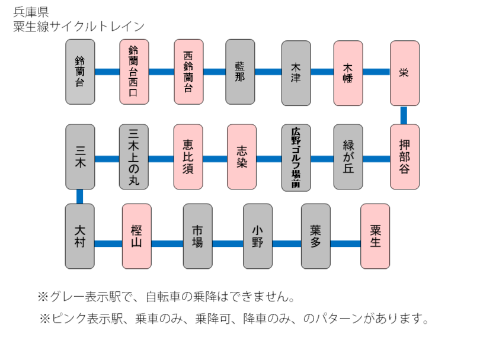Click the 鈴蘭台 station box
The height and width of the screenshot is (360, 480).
(x=80, y=72)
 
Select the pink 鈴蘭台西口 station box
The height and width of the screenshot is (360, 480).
(x=134, y=72)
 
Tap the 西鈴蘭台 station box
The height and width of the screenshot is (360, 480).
(x=188, y=72)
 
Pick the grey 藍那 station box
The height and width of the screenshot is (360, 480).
(x=240, y=72)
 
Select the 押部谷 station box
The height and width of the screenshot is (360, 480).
(x=404, y=156)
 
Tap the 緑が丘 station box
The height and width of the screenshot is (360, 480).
(x=348, y=156)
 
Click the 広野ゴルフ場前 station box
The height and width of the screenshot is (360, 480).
(x=296, y=156)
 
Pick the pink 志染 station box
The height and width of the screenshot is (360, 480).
(x=242, y=156)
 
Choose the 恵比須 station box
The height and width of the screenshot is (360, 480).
(x=188, y=156)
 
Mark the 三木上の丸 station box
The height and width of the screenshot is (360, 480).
(x=134, y=156)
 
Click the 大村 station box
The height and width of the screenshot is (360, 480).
(x=80, y=236)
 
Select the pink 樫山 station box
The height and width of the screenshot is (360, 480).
(x=136, y=236)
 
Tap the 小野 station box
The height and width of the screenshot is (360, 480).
(x=258, y=236)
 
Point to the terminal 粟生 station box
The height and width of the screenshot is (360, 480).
(x=375, y=236)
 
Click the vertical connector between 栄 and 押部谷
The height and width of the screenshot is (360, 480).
(x=404, y=115)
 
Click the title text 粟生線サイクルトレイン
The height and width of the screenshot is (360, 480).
(x=79, y=26)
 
